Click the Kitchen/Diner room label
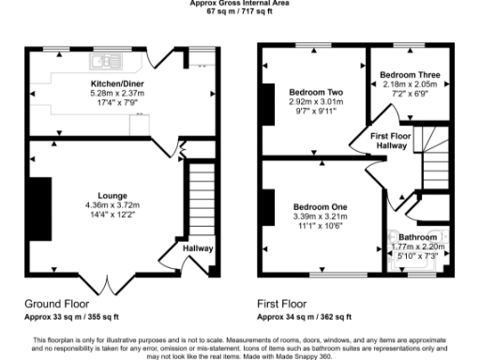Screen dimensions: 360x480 pyautogui.click(x=102, y=82)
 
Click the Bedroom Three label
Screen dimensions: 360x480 pyautogui.click(x=410, y=73)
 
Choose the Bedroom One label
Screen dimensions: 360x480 pyautogui.click(x=320, y=207)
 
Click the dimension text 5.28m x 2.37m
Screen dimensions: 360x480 pyautogui.click(x=102, y=93)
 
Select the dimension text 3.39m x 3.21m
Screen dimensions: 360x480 pyautogui.click(x=320, y=217)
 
